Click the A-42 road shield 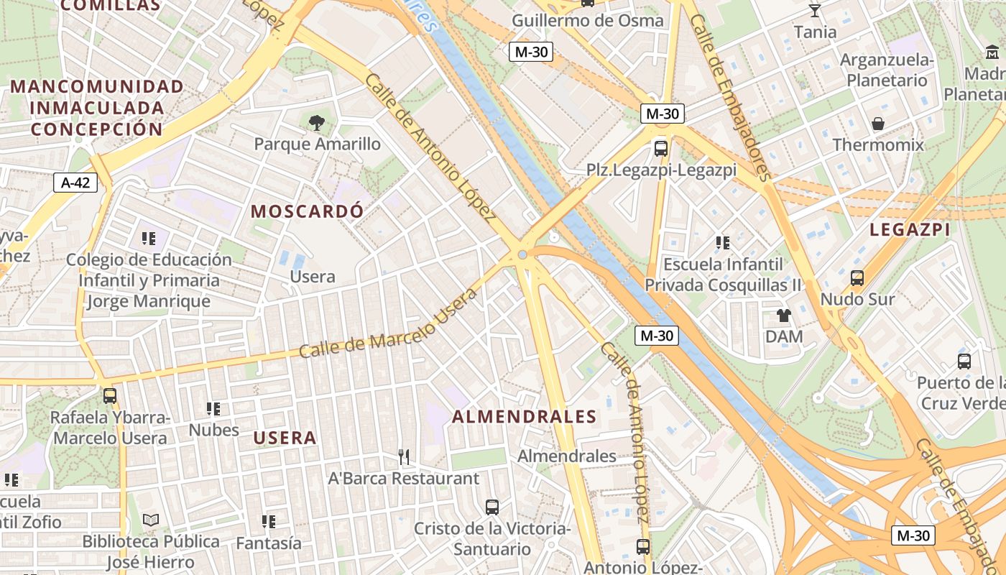(x=75, y=183)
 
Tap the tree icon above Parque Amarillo (x=316, y=123)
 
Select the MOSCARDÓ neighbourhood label (x=308, y=211)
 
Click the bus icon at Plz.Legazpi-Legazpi (x=661, y=149)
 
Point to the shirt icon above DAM (x=783, y=315)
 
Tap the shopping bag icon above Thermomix (x=878, y=124)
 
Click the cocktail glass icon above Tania (x=815, y=10)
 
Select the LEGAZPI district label (x=910, y=229)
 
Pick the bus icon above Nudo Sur (x=857, y=277)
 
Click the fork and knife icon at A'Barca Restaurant (x=404, y=456)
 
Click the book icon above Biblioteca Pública (x=150, y=520)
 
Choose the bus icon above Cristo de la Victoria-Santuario (x=492, y=507)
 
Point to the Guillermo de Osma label (x=588, y=20)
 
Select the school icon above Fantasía (x=269, y=521)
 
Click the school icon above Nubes (x=213, y=409)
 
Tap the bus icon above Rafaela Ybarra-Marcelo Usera (x=110, y=395)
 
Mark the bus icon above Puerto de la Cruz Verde (x=964, y=361)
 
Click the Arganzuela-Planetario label (x=887, y=69)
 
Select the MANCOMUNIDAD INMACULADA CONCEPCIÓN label (x=96, y=108)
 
